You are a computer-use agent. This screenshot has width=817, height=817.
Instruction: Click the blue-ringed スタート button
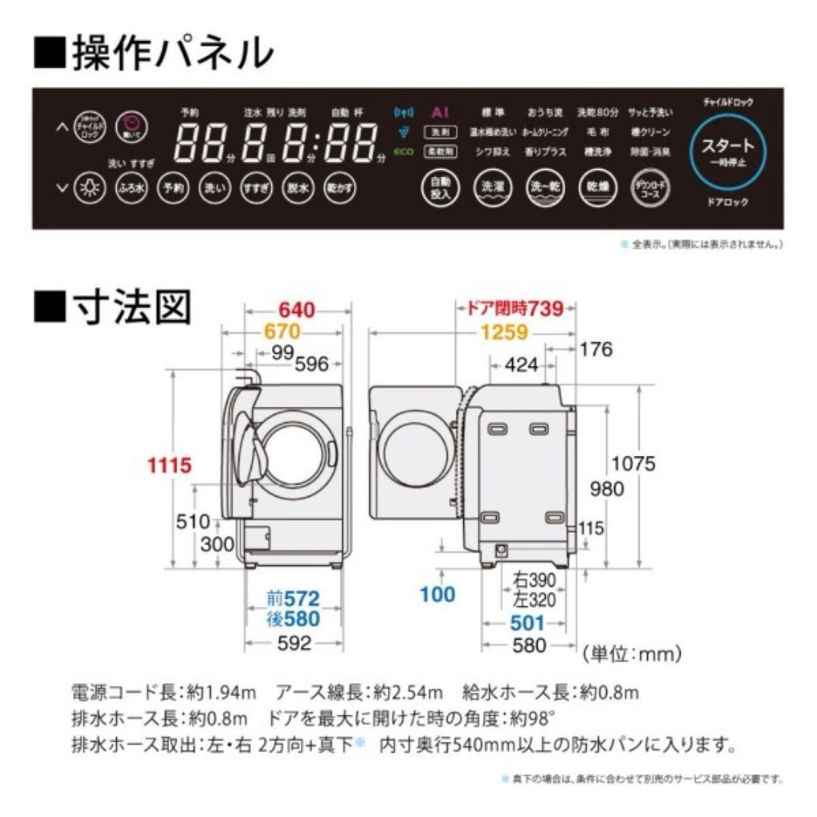[x=728, y=150]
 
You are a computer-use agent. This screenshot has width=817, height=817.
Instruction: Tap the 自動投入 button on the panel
[x=440, y=188]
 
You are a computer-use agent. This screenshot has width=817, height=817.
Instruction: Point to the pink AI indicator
[x=441, y=112]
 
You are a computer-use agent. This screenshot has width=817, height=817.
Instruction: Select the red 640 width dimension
[x=297, y=309]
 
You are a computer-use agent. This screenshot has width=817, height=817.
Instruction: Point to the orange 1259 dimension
[x=503, y=331]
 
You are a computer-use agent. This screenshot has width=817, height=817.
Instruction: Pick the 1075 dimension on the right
[x=634, y=463]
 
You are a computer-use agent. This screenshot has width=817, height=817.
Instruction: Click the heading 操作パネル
[x=152, y=52]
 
